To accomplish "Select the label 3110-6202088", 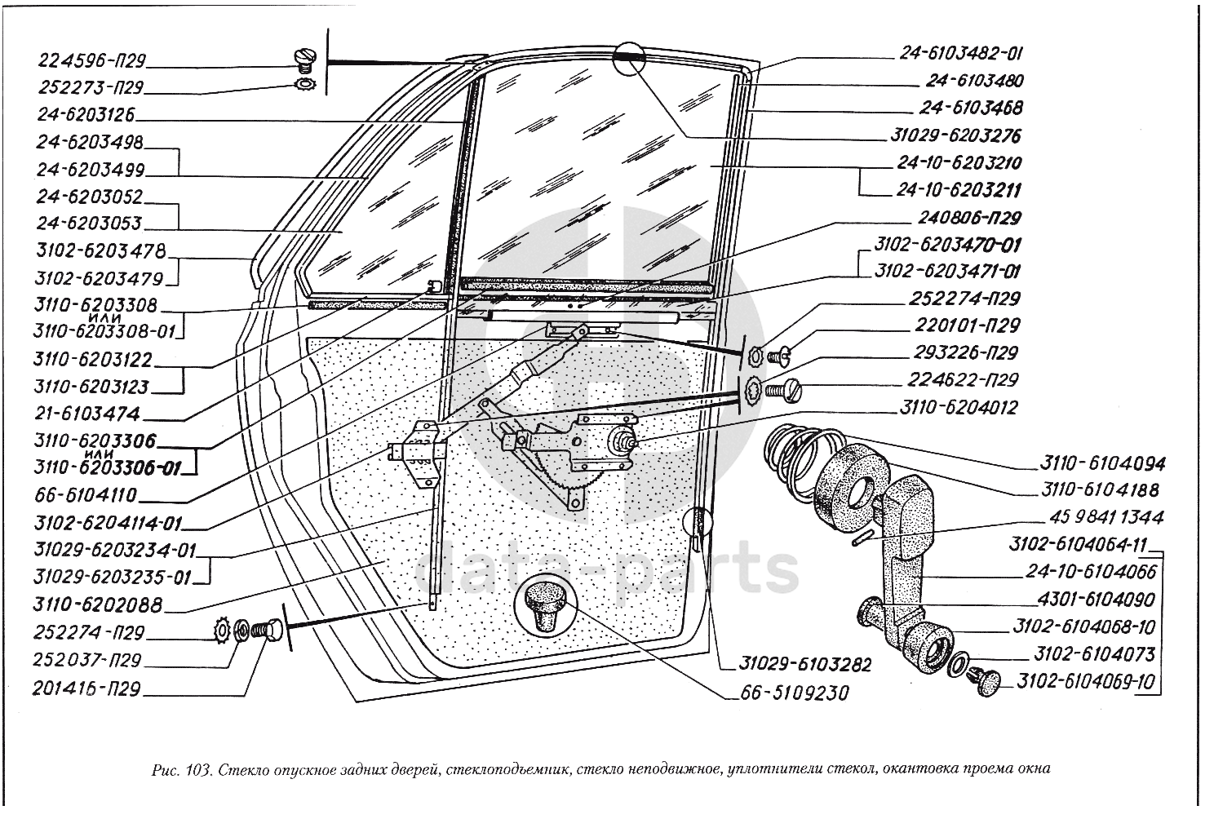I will (99, 605).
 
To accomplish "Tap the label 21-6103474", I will (88, 414).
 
